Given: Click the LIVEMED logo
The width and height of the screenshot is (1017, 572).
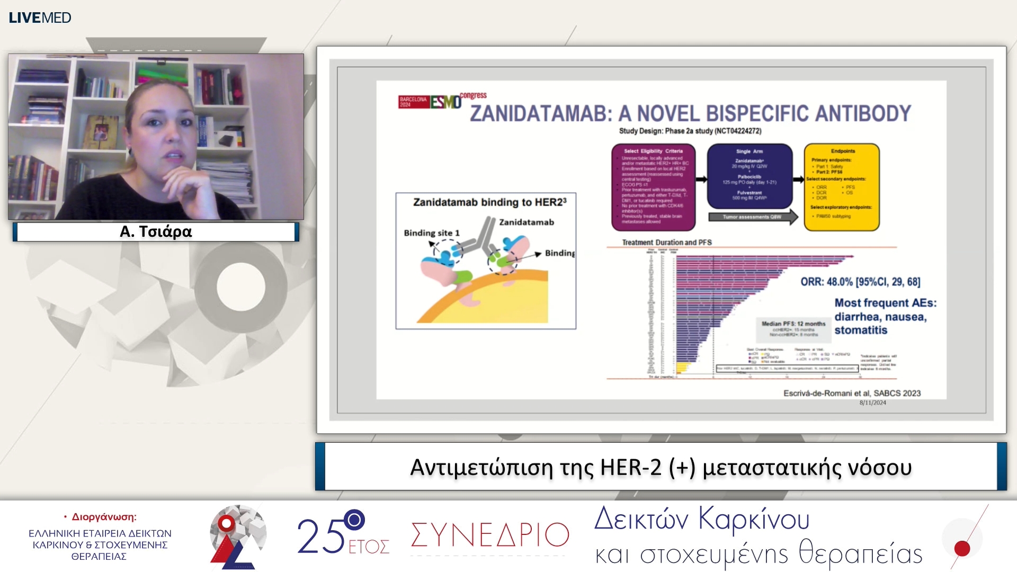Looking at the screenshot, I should click(x=40, y=17).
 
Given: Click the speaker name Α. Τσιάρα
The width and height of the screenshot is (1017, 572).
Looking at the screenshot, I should click(x=156, y=231).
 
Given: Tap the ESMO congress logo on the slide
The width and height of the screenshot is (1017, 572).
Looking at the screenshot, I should click(x=442, y=100).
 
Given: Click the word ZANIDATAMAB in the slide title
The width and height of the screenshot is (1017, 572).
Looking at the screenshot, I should click(x=540, y=113).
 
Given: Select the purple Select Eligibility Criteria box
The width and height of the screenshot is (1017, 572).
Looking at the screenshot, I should click(x=653, y=187).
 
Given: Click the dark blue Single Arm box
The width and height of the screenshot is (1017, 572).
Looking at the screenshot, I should click(x=750, y=176).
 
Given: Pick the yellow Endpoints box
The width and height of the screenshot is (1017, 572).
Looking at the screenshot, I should click(x=842, y=187).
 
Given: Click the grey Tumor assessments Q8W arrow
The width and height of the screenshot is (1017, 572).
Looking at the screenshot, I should click(x=753, y=217).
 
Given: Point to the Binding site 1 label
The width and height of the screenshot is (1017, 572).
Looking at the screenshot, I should click(x=432, y=233).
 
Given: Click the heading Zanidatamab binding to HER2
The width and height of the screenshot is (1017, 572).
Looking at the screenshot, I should click(x=489, y=202).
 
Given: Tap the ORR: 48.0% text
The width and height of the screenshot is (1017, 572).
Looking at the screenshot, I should click(x=826, y=282).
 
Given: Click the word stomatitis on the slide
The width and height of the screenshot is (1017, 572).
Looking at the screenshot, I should click(x=861, y=330).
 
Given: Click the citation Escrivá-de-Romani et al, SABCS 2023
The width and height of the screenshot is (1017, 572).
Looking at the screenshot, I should click(x=852, y=393).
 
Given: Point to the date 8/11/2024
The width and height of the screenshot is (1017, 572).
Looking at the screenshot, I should click(x=872, y=403).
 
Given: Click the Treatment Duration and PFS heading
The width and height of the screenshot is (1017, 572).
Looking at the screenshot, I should click(x=666, y=243).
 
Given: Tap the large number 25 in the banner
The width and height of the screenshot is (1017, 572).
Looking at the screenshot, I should click(x=320, y=537).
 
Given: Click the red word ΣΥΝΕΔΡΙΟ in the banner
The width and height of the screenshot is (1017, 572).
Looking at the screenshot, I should click(x=489, y=535).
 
